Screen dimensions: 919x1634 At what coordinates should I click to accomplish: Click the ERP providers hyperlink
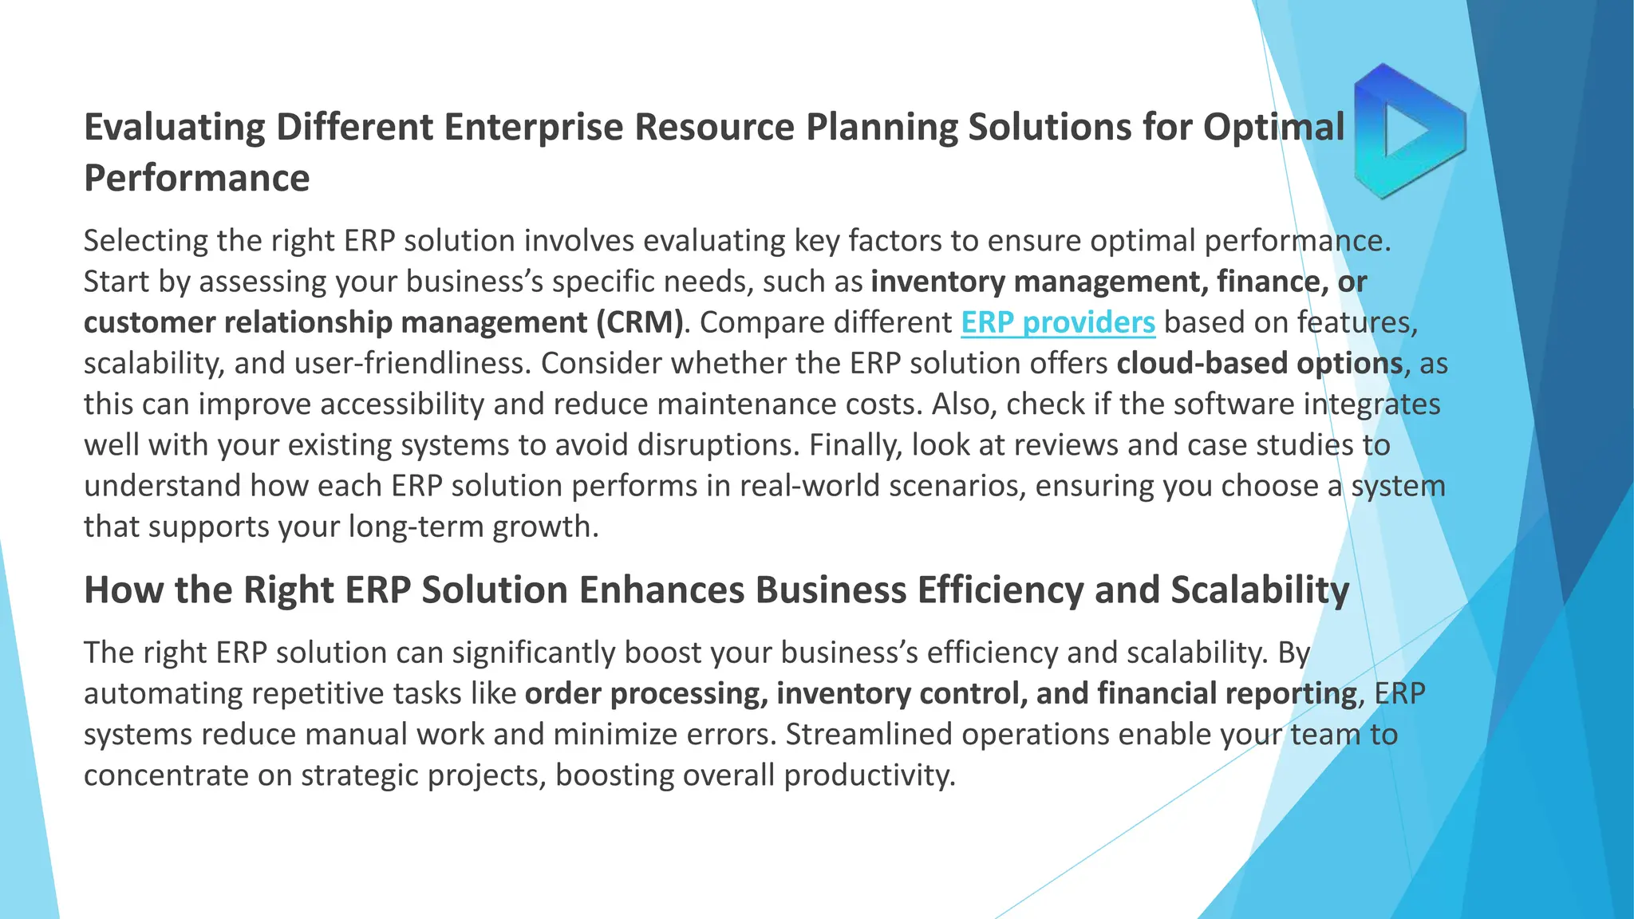tap(1057, 322)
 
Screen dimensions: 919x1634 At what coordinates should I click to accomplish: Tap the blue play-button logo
tap(1409, 132)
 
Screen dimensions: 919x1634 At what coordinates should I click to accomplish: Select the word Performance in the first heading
tap(196, 178)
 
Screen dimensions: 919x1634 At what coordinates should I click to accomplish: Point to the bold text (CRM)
tap(639, 322)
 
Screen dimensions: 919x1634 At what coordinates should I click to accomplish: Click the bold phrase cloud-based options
tap(1259, 363)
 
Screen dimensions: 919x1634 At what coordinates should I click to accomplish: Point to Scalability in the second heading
tap(1260, 590)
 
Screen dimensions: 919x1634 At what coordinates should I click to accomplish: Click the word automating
tap(163, 693)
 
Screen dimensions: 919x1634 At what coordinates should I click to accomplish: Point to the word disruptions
tap(717, 445)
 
